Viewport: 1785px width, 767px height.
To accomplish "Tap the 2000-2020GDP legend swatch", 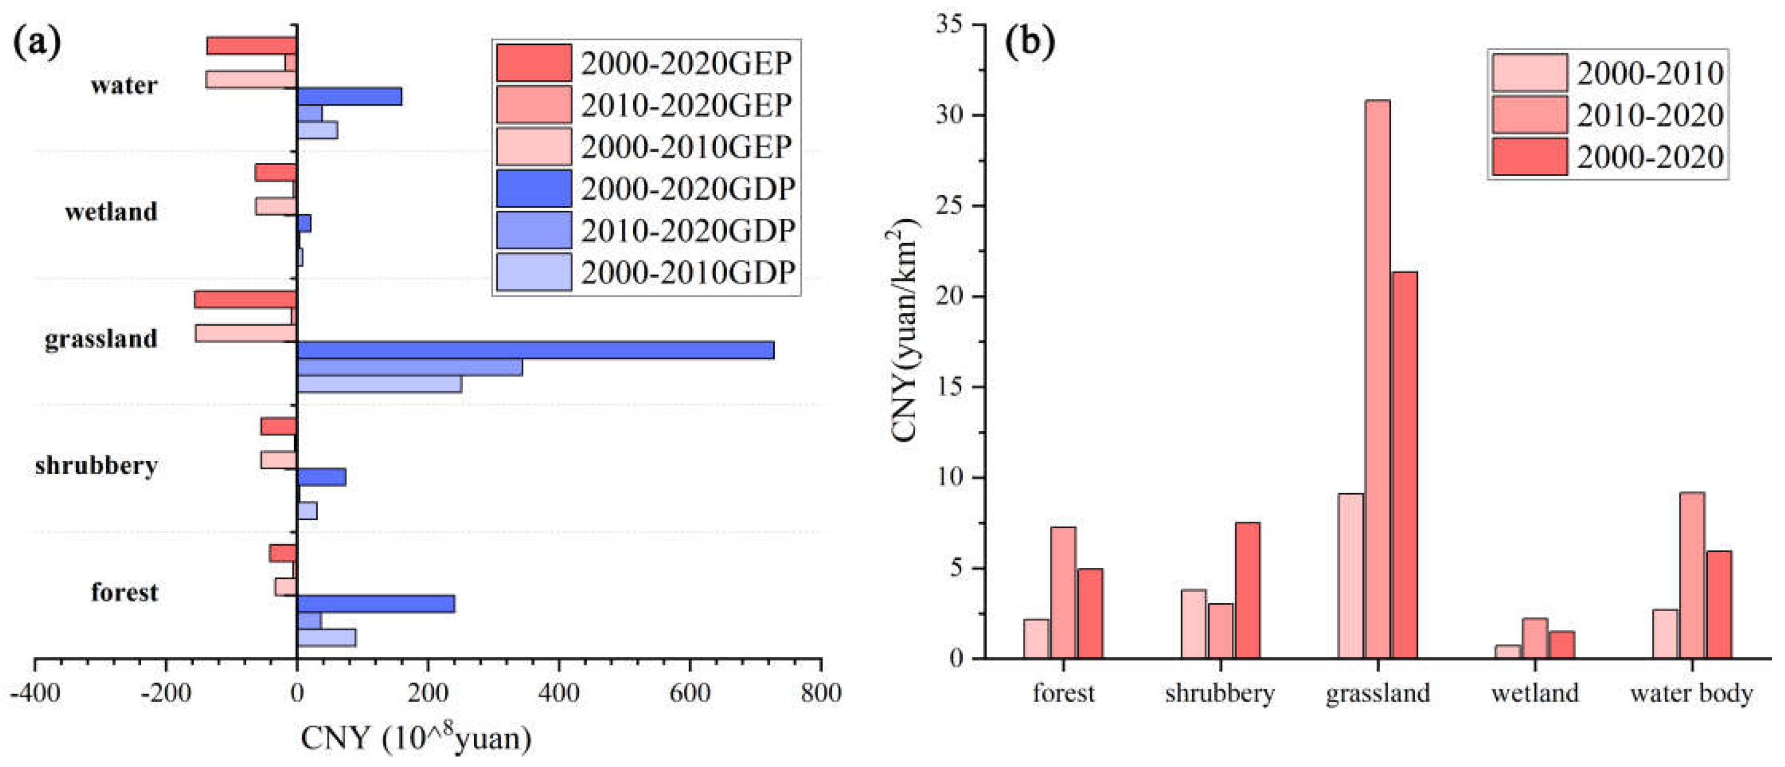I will [x=533, y=189].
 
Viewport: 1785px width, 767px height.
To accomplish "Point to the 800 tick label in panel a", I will [x=820, y=692].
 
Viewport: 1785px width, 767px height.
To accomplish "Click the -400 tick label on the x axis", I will [x=34, y=692].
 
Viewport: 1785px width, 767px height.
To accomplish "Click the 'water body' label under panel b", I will [x=1692, y=692].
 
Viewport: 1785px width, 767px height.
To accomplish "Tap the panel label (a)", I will [x=37, y=43].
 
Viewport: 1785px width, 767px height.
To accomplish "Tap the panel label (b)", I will [x=1030, y=43].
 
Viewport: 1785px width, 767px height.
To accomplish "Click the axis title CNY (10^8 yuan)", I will [x=415, y=738].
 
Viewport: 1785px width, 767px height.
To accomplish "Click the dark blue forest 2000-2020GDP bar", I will [x=376, y=604].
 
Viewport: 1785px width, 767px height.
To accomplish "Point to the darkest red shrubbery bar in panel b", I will [x=1248, y=590].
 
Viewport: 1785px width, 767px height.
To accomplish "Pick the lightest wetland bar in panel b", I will [x=1508, y=652].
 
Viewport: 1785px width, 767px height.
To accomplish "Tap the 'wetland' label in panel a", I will [x=111, y=211].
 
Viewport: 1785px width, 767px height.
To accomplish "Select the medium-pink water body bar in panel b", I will [x=1692, y=575].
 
